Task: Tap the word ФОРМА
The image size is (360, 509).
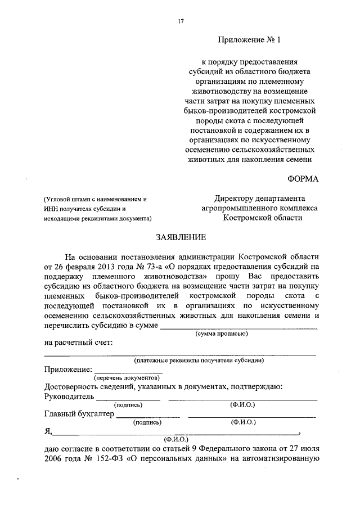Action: tap(303, 179)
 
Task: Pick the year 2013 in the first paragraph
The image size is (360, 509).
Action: tap(106, 267)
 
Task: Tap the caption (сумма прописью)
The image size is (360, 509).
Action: tap(222, 334)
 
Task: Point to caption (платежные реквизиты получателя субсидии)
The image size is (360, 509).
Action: tap(199, 361)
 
